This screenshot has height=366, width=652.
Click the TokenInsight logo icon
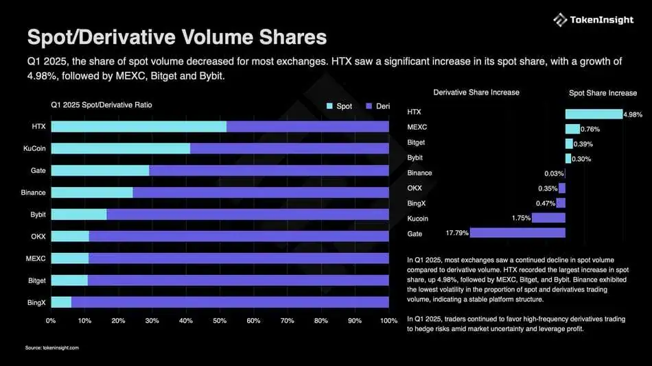560,20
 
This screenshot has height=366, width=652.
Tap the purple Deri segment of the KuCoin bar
289,149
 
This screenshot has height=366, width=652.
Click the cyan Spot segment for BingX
61,302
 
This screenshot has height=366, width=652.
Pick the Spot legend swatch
330,106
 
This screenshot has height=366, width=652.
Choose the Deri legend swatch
369,106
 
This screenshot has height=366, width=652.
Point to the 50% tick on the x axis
220,321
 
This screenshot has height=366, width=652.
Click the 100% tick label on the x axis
388,321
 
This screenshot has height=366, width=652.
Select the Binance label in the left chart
33,193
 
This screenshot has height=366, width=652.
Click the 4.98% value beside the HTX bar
633,114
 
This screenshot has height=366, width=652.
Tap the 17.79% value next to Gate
457,233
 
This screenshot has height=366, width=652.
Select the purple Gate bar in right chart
517,233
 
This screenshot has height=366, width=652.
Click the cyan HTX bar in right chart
594,114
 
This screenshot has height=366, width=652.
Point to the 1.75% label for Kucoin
521,218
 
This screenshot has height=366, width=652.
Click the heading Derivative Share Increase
476,92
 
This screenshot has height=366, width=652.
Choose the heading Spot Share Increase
603,93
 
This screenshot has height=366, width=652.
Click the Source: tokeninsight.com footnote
52,348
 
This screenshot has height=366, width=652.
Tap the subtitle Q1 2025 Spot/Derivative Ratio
102,105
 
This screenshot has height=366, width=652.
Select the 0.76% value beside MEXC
590,129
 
